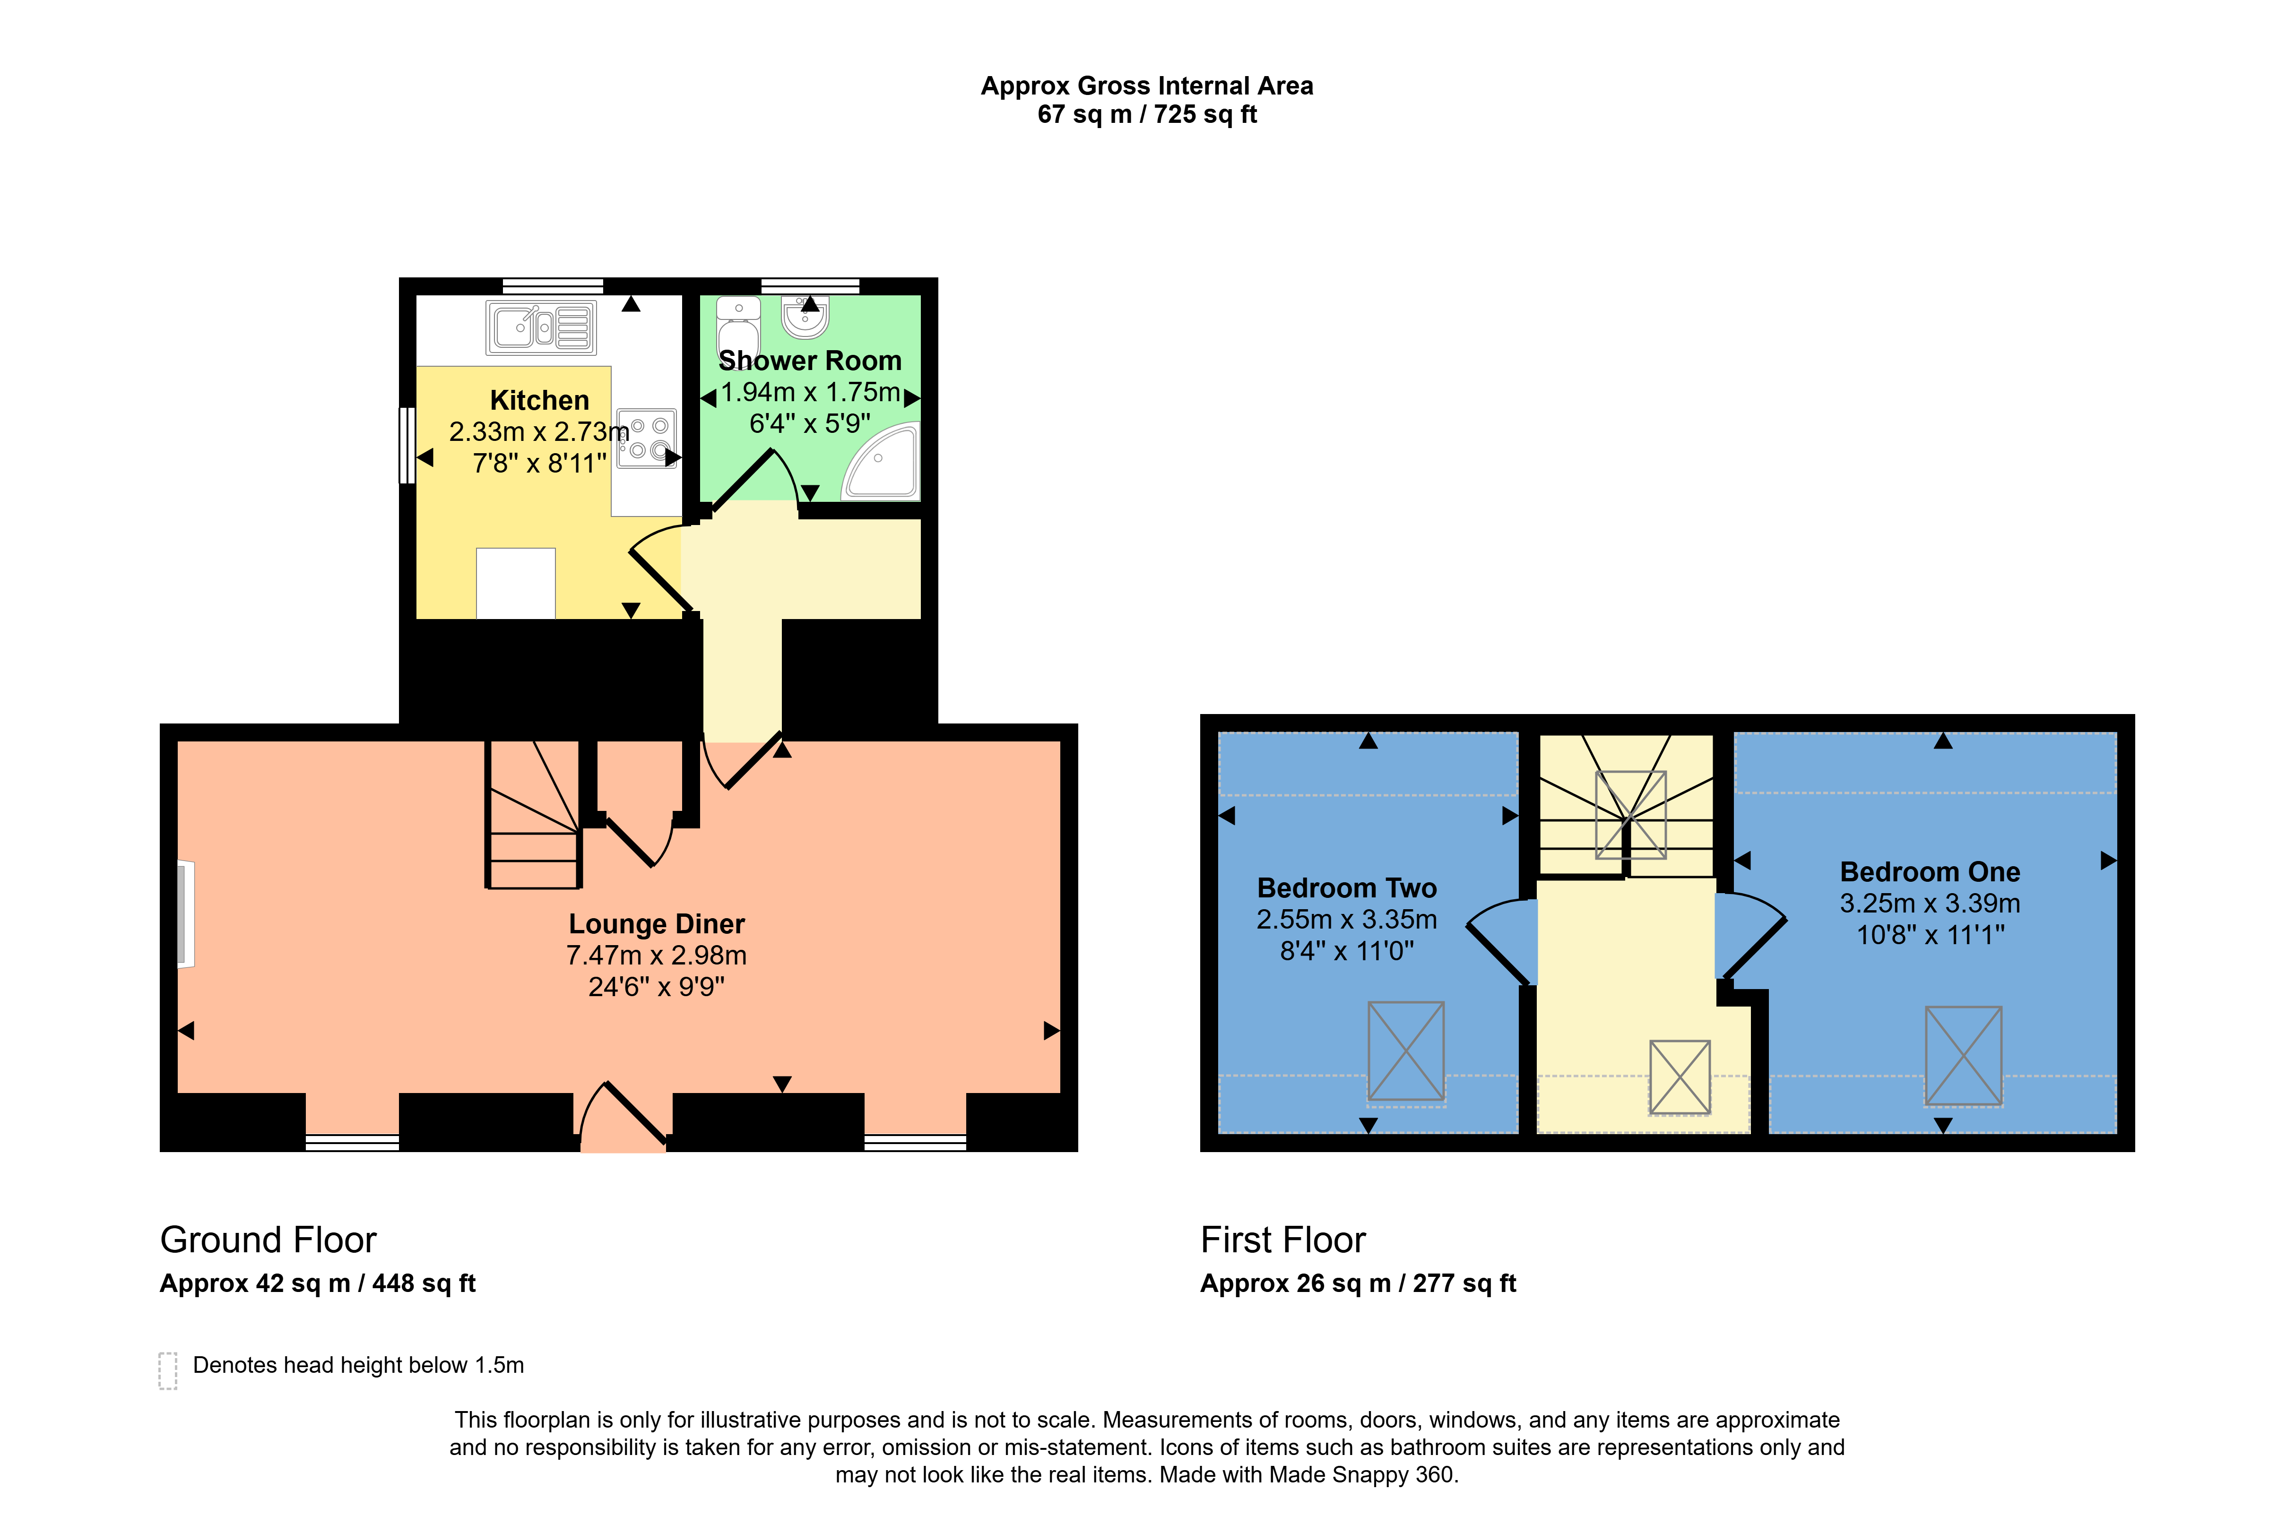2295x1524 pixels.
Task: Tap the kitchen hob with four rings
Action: (646, 438)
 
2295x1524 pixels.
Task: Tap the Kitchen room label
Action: (539, 400)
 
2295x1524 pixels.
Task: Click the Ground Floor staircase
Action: (534, 815)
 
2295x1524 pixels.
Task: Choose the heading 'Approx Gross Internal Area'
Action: (1147, 86)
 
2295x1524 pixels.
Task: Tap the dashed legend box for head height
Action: (167, 1370)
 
